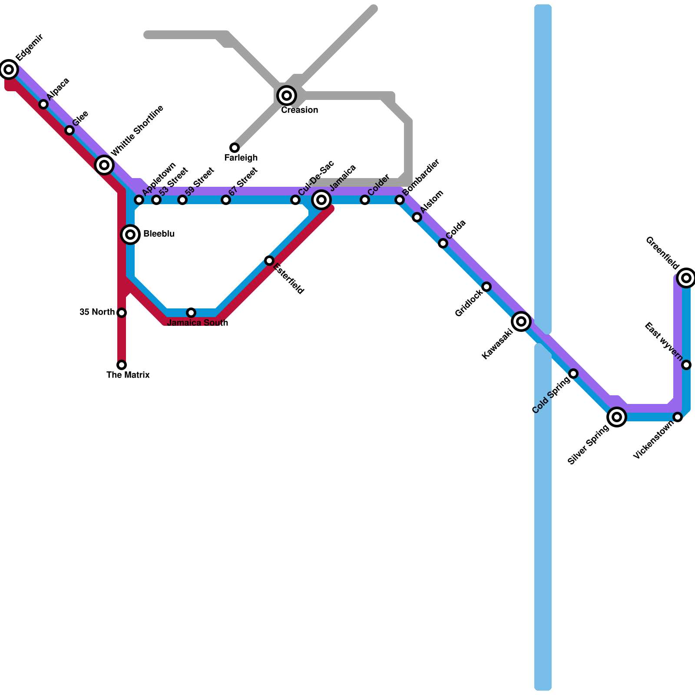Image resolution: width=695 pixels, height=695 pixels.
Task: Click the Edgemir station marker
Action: [x=9, y=69]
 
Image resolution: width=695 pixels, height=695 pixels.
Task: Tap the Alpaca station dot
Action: [x=43, y=104]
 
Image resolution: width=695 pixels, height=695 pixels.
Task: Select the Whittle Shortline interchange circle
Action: [x=104, y=165]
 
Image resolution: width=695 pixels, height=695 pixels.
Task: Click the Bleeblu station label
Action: [x=159, y=234]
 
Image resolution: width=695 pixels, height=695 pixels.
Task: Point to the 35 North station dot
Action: [x=122, y=313]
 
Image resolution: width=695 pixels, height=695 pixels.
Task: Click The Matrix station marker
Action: [x=122, y=365]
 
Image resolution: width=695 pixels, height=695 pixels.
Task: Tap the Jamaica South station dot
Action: [x=191, y=313]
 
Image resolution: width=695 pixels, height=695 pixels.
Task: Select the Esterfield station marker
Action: [x=269, y=261]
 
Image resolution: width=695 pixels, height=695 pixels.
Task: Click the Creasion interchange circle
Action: [x=287, y=95]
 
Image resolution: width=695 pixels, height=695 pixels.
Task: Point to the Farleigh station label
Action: [x=241, y=158]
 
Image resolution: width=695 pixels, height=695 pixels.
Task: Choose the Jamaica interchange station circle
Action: [x=321, y=200]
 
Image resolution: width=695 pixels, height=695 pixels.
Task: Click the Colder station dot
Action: [x=365, y=200]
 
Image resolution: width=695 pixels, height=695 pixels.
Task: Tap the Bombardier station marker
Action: [x=400, y=200]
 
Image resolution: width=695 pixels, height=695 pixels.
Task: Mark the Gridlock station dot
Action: [x=486, y=287]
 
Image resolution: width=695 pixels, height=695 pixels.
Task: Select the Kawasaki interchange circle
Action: [x=521, y=321]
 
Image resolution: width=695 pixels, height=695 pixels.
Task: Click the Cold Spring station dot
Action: [x=573, y=374]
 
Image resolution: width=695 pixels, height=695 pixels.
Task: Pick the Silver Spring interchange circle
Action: [x=617, y=417]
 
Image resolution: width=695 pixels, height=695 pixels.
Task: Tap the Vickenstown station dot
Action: [x=678, y=417]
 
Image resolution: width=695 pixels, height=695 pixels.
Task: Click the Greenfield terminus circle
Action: [x=686, y=278]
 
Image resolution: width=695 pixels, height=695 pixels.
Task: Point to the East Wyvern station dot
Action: [x=686, y=365]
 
